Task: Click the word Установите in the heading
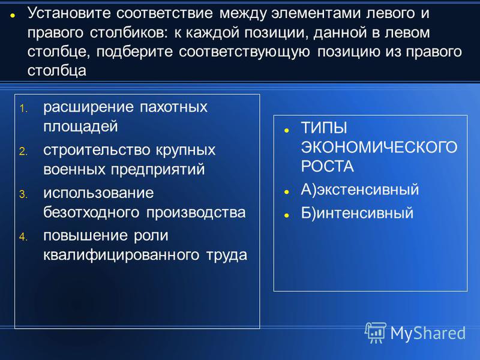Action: coord(69,13)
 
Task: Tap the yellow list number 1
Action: coord(23,109)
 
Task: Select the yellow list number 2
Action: coord(23,151)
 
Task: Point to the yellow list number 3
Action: coord(23,194)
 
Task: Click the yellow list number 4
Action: coord(23,236)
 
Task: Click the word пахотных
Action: coord(173,107)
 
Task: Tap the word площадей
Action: coord(80,127)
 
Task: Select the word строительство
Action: coord(97,151)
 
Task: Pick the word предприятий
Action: coord(158,170)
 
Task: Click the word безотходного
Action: coord(91,212)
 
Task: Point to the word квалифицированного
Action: coord(121,255)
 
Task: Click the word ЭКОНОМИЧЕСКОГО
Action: coord(379,147)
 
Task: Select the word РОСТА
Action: coord(327,167)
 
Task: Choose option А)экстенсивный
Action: coord(359,190)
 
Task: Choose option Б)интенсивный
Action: coord(357,213)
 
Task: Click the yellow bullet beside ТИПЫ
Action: coord(287,130)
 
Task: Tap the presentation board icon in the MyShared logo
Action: coord(376,332)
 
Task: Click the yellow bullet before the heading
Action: coord(13,15)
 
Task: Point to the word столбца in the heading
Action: coord(57,71)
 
